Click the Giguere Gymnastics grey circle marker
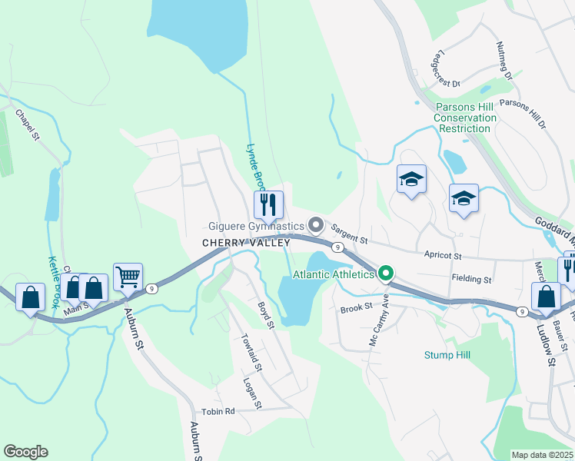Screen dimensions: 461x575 tap(315, 225)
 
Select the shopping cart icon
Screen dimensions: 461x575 tap(128, 277)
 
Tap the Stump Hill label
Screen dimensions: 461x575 tap(446, 355)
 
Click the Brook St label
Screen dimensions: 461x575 tap(356, 307)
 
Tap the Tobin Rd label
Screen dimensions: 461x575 tap(218, 411)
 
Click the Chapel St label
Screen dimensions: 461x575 tap(26, 125)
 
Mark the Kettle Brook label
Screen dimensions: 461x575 tap(55, 283)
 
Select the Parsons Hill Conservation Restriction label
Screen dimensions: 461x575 tap(465, 118)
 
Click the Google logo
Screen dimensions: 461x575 tap(26, 452)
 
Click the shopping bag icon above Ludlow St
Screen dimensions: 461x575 tap(546, 296)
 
